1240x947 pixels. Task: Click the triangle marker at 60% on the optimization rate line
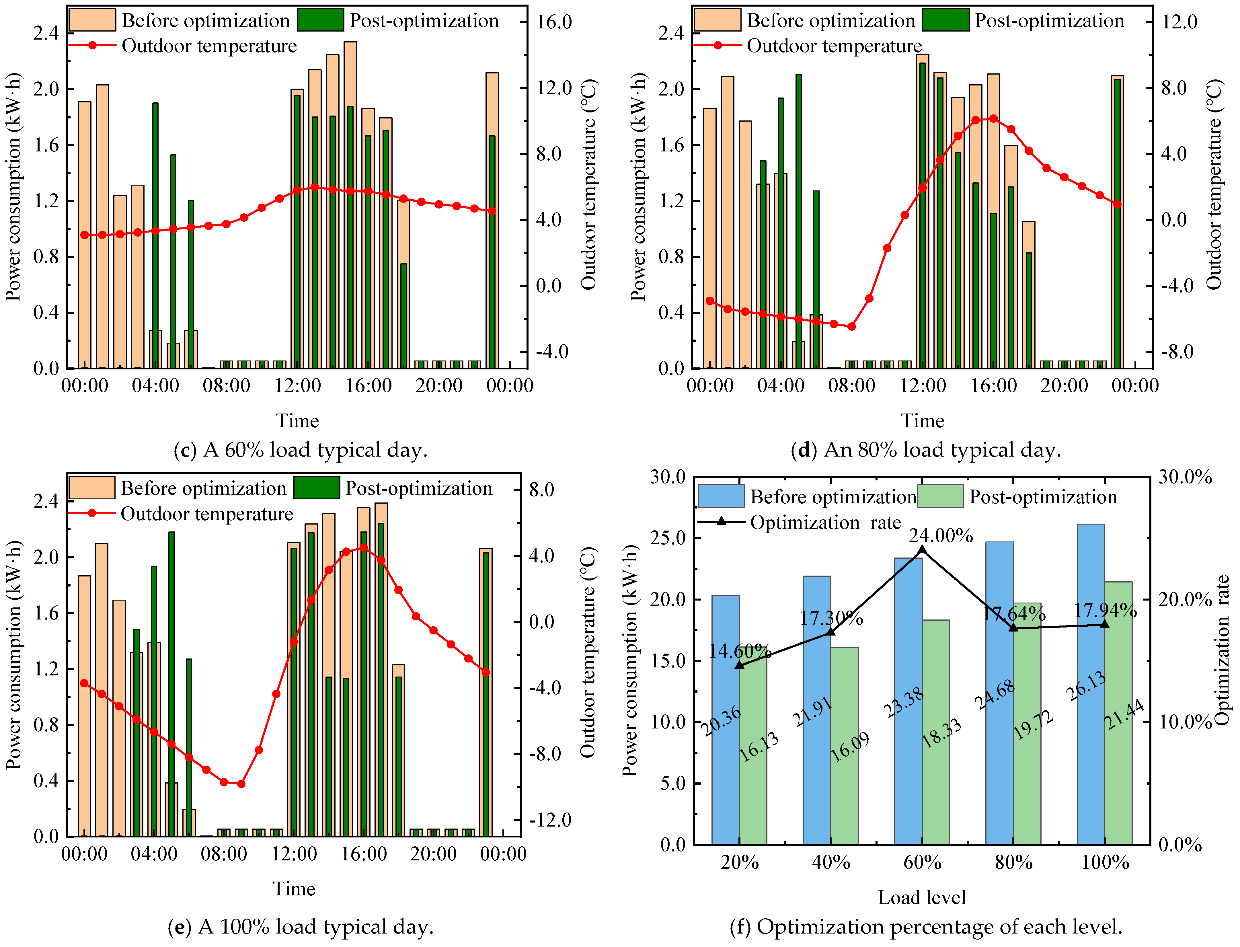click(x=922, y=550)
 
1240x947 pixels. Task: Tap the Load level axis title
click(x=922, y=897)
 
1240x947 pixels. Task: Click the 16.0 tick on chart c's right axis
click(x=554, y=22)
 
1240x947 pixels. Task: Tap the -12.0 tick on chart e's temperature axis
click(x=549, y=820)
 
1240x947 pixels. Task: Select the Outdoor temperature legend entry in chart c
click(x=208, y=46)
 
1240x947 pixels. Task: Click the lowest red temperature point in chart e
click(x=241, y=784)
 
